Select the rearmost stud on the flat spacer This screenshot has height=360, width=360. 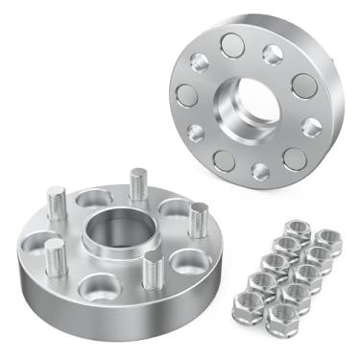139,183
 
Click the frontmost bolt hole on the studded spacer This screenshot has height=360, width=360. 98,285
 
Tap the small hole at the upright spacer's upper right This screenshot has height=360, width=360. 274,54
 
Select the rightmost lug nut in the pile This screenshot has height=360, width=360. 328,238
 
